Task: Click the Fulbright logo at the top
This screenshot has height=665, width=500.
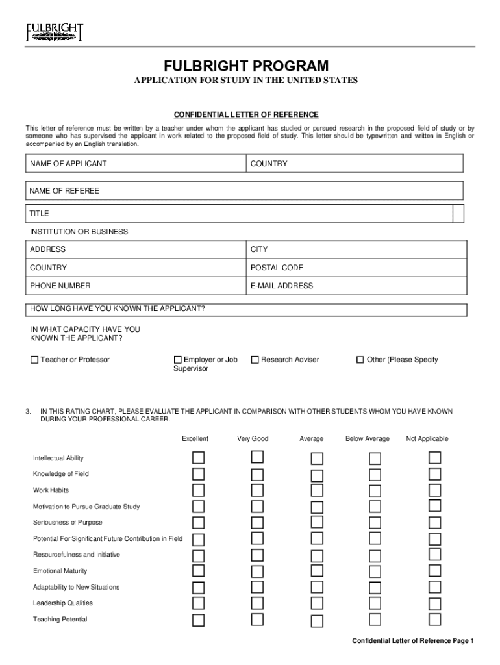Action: [55, 32]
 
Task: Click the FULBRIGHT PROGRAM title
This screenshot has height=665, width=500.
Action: [245, 66]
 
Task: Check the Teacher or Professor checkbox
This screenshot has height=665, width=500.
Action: [34, 360]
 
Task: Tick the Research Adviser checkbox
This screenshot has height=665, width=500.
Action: [255, 360]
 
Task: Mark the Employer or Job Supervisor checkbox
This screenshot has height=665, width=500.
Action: [178, 360]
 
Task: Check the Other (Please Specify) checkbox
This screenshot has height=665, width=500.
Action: [360, 360]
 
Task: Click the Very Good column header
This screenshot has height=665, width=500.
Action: [253, 439]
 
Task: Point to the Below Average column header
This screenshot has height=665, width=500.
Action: [368, 439]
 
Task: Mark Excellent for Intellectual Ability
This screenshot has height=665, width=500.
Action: [198, 458]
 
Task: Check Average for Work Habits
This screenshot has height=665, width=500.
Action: [316, 490]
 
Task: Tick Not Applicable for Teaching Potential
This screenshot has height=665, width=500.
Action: [434, 619]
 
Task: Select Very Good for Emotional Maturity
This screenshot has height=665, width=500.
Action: [258, 571]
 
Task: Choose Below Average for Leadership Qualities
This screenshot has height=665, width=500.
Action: [375, 603]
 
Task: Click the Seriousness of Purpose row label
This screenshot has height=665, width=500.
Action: [68, 522]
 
